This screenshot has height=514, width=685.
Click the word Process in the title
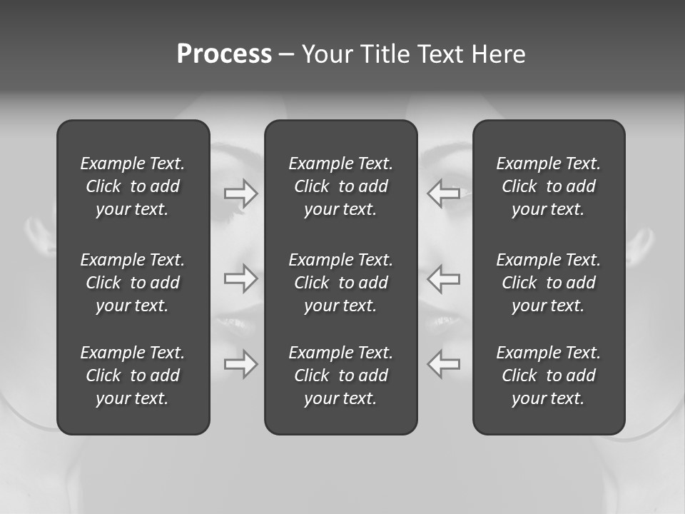(x=224, y=54)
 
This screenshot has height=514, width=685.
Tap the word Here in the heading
(x=499, y=54)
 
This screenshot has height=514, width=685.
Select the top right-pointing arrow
(x=240, y=193)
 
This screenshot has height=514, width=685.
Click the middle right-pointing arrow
(x=240, y=278)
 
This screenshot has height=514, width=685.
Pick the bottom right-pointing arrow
(x=240, y=364)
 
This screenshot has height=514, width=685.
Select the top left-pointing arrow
(x=443, y=193)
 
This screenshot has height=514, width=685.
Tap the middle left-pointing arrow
(x=443, y=278)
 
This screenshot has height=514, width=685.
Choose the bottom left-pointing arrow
(x=443, y=364)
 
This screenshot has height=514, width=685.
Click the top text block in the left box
(x=133, y=186)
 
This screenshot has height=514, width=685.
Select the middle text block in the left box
(x=133, y=283)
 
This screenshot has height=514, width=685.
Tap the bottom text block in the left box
(x=133, y=376)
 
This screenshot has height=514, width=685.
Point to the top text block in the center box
(x=340, y=186)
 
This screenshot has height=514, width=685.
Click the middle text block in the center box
(x=340, y=283)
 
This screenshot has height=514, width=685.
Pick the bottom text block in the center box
(x=340, y=376)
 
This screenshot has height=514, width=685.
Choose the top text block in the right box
(x=548, y=186)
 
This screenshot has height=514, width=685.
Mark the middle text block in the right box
(x=548, y=283)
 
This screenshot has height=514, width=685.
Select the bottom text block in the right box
(x=548, y=376)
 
